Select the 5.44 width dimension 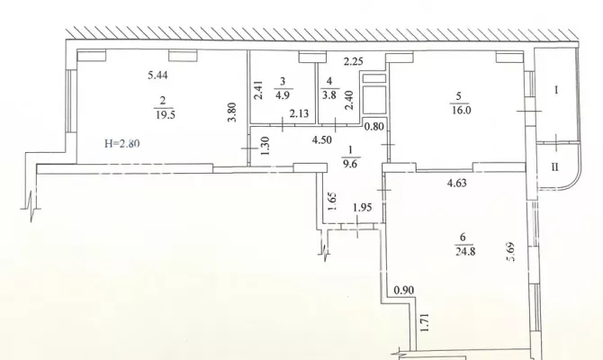pyautogui.click(x=158, y=76)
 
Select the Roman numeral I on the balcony pyautogui.click(x=556, y=91)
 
